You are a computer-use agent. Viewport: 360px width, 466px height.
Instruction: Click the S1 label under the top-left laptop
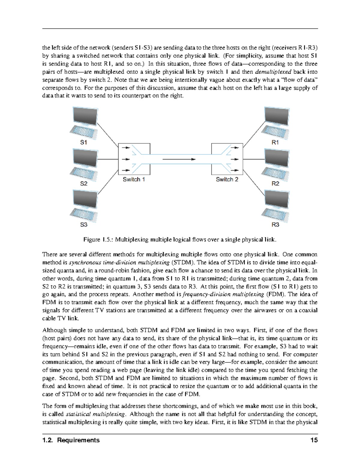84,143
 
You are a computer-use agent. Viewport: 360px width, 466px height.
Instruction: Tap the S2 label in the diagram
84,184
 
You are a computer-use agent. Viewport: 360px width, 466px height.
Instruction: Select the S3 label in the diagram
84,224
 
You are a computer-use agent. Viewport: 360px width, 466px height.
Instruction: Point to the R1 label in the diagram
275,143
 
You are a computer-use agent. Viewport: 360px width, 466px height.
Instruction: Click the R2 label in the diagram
275,184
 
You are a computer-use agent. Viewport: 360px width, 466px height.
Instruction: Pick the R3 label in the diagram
275,224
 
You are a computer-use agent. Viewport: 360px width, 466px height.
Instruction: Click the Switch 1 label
134,179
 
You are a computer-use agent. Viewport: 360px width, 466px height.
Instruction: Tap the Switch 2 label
227,179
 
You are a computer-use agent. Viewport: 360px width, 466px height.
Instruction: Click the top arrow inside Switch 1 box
126,148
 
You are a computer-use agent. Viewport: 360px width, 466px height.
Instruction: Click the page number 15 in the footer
314,440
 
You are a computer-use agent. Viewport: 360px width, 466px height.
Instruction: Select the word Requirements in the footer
78,440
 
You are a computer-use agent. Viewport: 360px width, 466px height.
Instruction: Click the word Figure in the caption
91,239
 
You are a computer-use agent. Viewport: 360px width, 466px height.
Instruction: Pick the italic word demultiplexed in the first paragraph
273,72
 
